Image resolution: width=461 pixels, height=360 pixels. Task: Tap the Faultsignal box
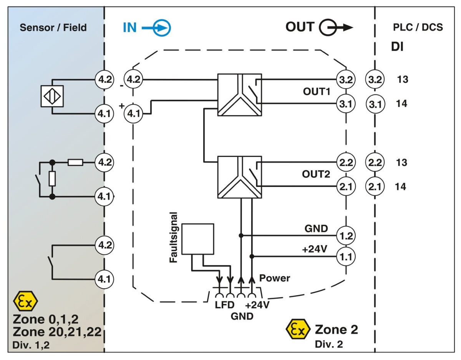197,239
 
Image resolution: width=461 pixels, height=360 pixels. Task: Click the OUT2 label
316,174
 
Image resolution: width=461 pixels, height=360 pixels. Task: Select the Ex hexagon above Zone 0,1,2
25,302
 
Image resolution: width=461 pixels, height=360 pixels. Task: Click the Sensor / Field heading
53,28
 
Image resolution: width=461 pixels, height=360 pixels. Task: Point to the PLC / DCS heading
418,28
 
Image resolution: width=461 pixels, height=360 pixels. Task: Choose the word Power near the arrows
275,278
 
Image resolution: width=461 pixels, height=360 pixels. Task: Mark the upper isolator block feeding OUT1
239,95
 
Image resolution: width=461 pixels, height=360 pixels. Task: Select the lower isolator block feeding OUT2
239,177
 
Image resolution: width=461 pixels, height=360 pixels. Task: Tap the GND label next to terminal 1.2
316,229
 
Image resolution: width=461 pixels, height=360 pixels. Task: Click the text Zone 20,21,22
56,331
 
